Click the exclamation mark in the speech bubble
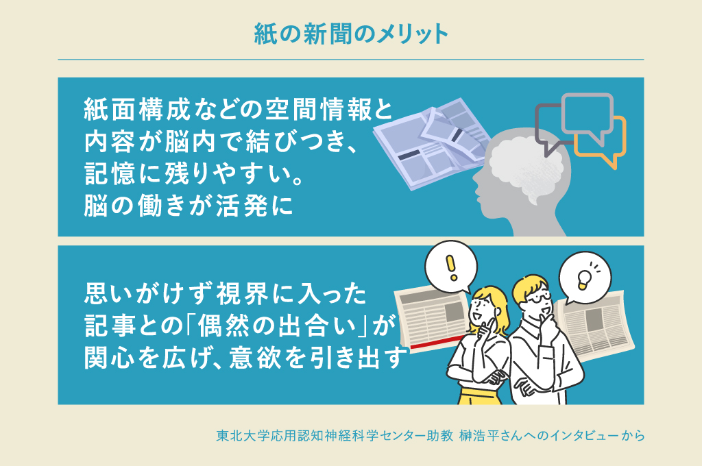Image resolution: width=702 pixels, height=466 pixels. click(450, 264)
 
